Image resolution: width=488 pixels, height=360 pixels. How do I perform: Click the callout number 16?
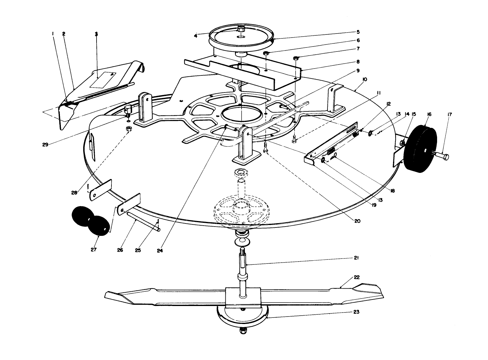pyautogui.click(x=429, y=115)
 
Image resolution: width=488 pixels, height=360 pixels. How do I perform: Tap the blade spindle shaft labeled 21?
pyautogui.click(x=242, y=264)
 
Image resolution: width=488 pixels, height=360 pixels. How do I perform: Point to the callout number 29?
pyautogui.click(x=45, y=144)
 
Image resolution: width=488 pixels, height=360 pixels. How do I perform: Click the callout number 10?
pyautogui.click(x=364, y=79)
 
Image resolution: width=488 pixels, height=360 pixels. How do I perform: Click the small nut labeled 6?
pyautogui.click(x=266, y=53)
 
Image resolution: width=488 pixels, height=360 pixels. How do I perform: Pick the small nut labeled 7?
pyautogui.click(x=296, y=58)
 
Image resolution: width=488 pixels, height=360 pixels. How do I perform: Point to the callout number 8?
pyautogui.click(x=358, y=62)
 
